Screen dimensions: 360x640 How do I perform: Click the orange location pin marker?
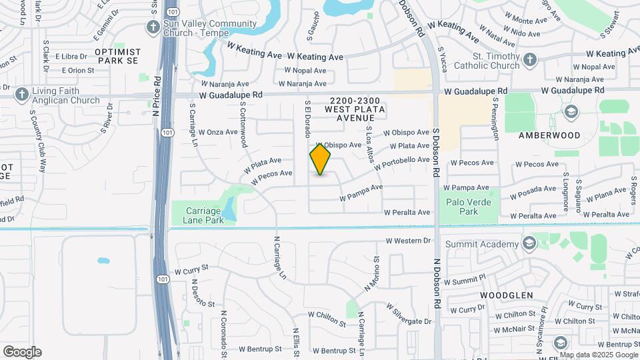320,160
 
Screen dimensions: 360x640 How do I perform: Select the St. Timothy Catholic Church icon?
530,60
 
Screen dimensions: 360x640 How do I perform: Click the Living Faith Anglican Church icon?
21,94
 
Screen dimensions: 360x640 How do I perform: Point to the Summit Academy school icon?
529,242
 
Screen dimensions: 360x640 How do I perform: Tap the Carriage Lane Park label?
198,215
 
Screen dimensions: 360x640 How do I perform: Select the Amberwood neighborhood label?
549,135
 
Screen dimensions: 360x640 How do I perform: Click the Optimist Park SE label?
118,56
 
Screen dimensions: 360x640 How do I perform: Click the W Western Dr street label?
409,240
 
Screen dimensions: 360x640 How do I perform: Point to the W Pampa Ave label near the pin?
361,193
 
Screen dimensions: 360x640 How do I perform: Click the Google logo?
22,351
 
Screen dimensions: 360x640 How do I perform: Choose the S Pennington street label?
496,119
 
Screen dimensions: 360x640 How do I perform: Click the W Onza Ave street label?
218,132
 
